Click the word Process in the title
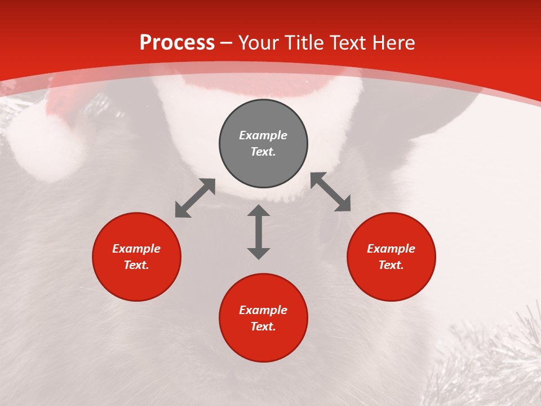click(x=177, y=43)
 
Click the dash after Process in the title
click(x=226, y=43)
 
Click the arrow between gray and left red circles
click(x=195, y=198)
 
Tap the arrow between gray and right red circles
click(x=331, y=192)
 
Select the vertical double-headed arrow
click(x=259, y=232)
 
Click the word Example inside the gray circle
click(x=263, y=135)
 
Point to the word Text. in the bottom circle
click(x=263, y=326)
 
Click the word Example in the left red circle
click(x=136, y=249)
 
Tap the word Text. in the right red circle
click(x=391, y=265)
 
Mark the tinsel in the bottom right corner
click(x=496, y=361)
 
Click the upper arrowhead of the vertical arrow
click(x=259, y=211)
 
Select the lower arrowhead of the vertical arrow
click(x=259, y=253)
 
